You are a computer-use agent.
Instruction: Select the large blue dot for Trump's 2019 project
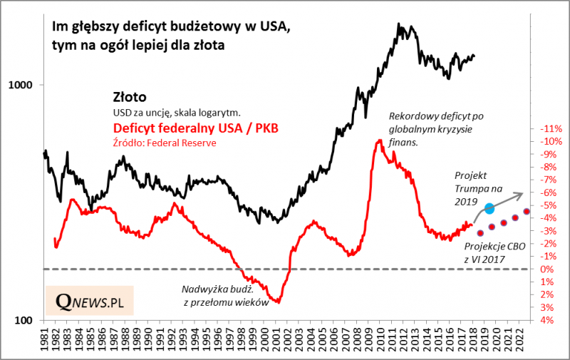click(490, 209)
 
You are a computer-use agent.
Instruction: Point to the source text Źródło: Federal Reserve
click(164, 143)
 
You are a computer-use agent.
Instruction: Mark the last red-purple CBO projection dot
click(527, 211)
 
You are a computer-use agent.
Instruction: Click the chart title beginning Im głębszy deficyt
click(171, 36)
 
